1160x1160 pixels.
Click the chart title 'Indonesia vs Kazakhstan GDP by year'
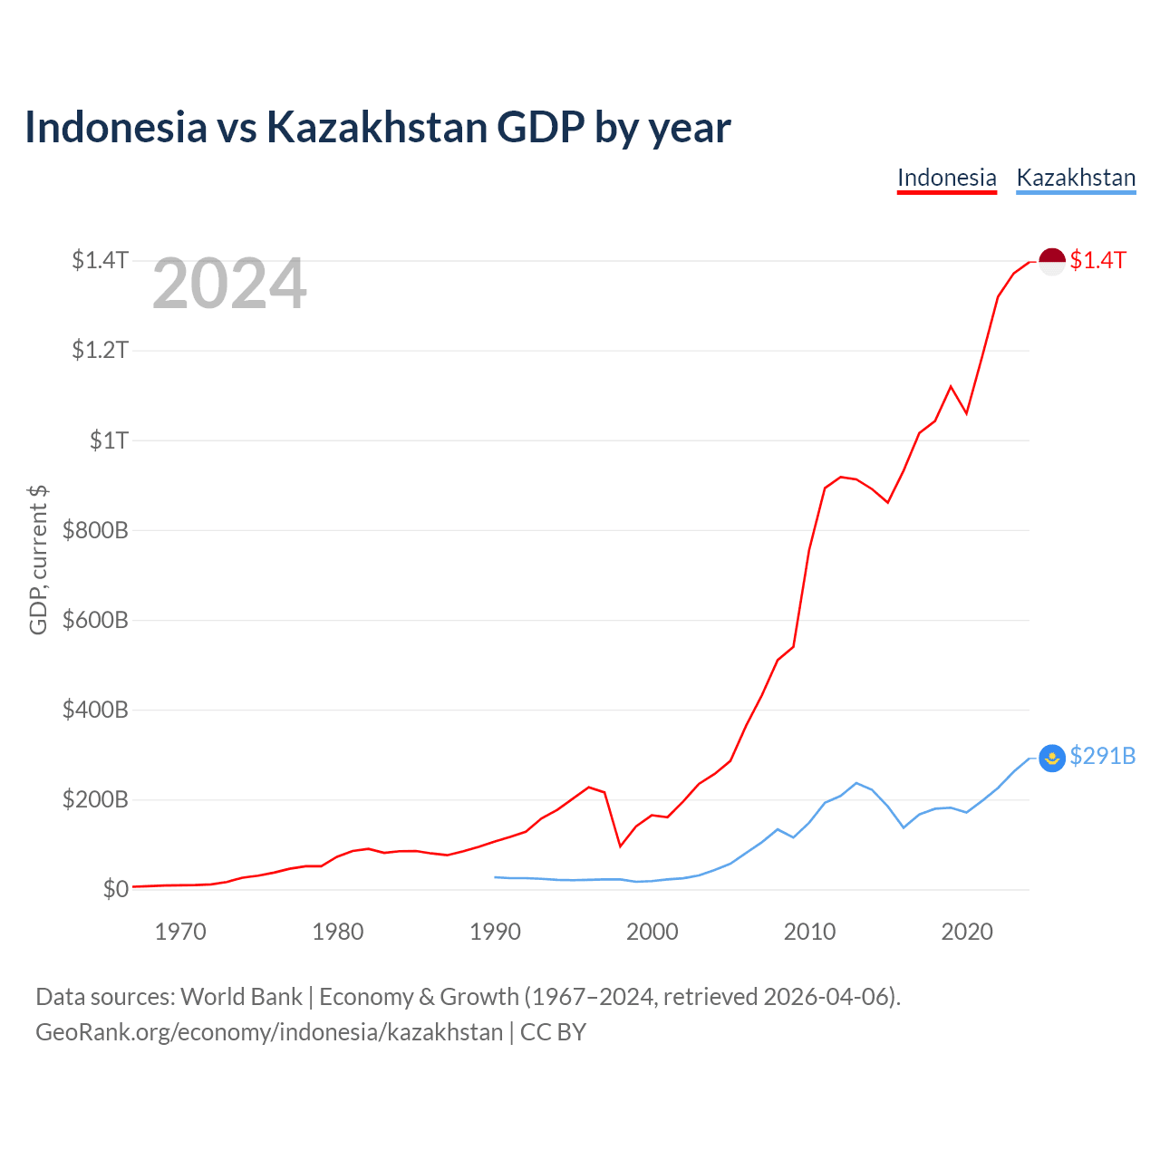(x=377, y=128)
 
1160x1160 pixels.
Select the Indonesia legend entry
(x=946, y=179)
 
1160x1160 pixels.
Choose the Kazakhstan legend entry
(x=1076, y=179)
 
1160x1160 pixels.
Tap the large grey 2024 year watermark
(x=228, y=283)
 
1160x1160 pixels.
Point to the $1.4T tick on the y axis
(x=100, y=260)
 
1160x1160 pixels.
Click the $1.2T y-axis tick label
(x=100, y=350)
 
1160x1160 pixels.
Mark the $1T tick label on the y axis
(x=109, y=440)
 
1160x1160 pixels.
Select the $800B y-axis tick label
(x=95, y=530)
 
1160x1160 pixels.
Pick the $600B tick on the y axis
(x=95, y=620)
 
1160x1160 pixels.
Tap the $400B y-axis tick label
(x=95, y=710)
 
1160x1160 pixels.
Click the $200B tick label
(x=95, y=799)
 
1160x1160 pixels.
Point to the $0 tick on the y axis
(x=116, y=888)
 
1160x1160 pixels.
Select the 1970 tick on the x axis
(x=180, y=932)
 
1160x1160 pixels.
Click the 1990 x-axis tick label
(x=495, y=932)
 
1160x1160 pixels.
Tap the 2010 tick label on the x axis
(x=809, y=932)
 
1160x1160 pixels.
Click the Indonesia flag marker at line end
(x=1051, y=261)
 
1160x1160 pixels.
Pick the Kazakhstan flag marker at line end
(x=1051, y=758)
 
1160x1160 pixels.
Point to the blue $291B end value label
(x=1102, y=756)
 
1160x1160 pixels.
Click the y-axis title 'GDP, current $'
(x=38, y=560)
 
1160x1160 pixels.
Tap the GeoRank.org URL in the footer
(x=269, y=1032)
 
